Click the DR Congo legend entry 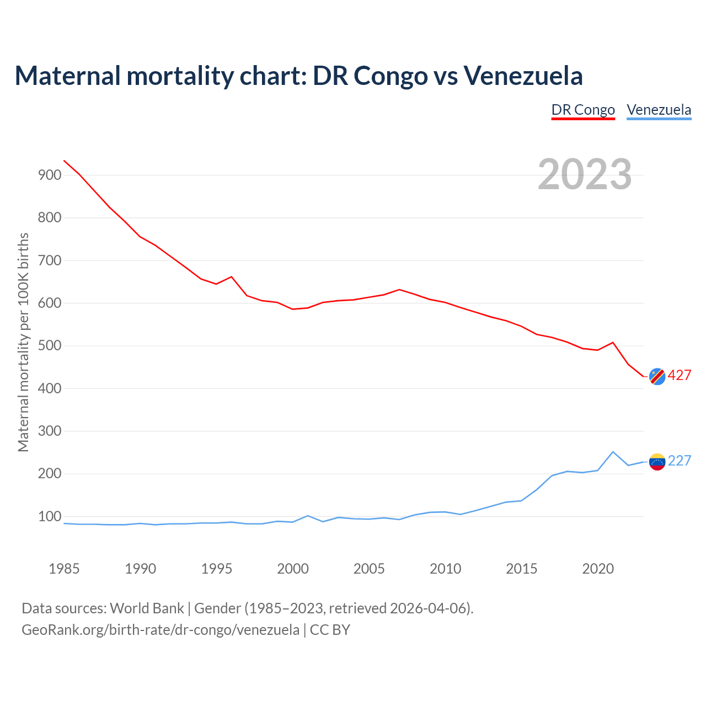583,110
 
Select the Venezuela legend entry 659,110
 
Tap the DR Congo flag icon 657,376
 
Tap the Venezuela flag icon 657,461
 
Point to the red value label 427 680,376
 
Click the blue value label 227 680,461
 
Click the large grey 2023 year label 585,174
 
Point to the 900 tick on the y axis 49,175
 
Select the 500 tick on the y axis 49,346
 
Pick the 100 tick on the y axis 49,517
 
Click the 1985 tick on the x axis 64,569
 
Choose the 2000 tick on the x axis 293,569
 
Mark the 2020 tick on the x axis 598,569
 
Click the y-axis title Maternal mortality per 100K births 23,343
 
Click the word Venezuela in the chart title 523,76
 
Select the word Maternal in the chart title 67,76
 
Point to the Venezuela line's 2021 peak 613,452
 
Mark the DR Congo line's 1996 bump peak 232,277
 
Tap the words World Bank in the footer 147,608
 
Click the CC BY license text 330,630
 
